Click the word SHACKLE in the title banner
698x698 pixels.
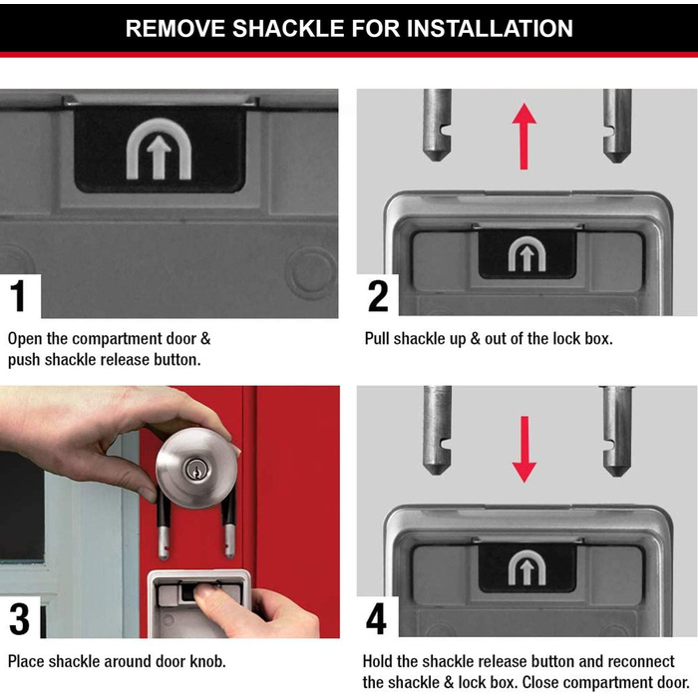[288, 29]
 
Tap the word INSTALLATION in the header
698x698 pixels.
[490, 29]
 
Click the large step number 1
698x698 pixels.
[18, 296]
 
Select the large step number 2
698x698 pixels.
[378, 296]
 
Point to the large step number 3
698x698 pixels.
[19, 619]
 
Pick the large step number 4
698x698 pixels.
[376, 619]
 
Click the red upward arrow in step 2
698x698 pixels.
[524, 137]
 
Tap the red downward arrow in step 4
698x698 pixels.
[524, 450]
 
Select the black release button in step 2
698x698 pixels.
[527, 253]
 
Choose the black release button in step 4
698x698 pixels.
[527, 568]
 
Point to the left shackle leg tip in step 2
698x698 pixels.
[437, 161]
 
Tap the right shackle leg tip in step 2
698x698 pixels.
[617, 161]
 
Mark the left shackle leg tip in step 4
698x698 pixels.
[437, 474]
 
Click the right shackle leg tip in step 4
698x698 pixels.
[617, 475]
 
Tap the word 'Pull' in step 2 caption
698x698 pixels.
[377, 339]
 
